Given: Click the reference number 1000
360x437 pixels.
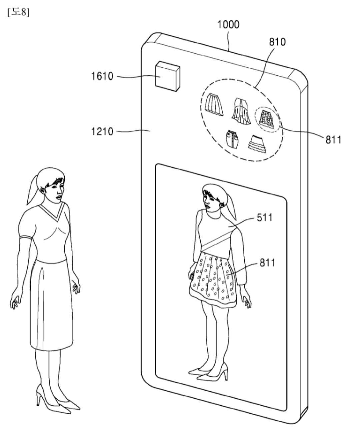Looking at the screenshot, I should (x=228, y=24).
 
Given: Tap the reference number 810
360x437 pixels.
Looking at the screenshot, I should (x=277, y=42).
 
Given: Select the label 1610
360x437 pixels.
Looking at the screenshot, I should (x=102, y=76).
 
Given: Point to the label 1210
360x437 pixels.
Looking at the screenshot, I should (x=102, y=131).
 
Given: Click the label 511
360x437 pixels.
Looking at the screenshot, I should (x=265, y=217).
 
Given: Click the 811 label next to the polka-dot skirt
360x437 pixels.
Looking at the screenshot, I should (x=268, y=263).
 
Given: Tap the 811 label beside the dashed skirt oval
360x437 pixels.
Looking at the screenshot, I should (x=333, y=139).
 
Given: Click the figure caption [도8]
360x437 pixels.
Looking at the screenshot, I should (x=18, y=12).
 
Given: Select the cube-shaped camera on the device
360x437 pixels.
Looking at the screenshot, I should (x=168, y=76).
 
